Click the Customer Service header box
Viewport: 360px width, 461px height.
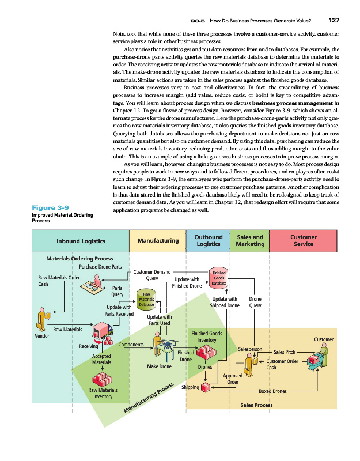(x=303, y=240)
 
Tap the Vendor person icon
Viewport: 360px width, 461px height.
(x=42, y=319)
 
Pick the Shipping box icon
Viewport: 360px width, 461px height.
(x=206, y=388)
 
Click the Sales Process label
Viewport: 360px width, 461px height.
(x=256, y=405)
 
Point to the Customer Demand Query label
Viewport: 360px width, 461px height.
(x=151, y=274)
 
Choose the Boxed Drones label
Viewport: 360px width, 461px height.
(x=272, y=391)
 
